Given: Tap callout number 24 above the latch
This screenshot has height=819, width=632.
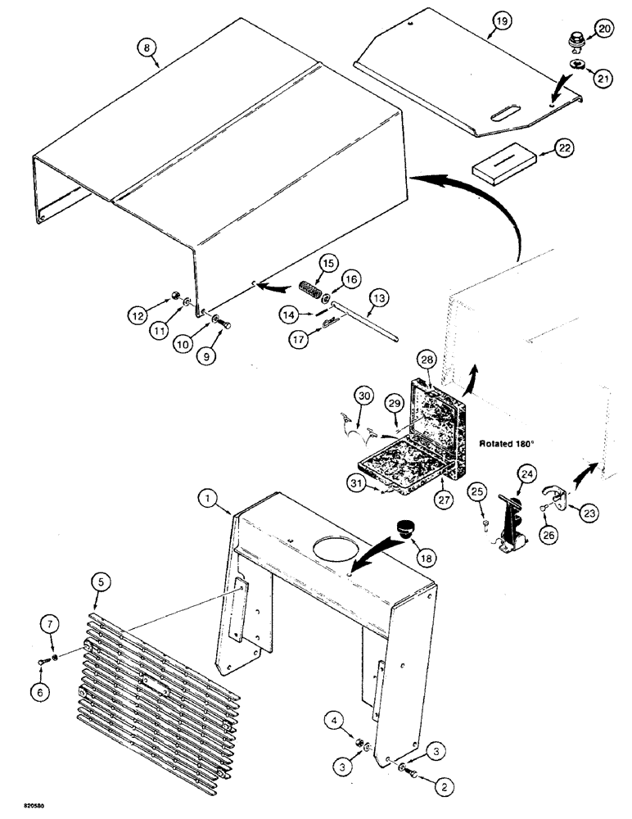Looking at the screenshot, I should [525, 473].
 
